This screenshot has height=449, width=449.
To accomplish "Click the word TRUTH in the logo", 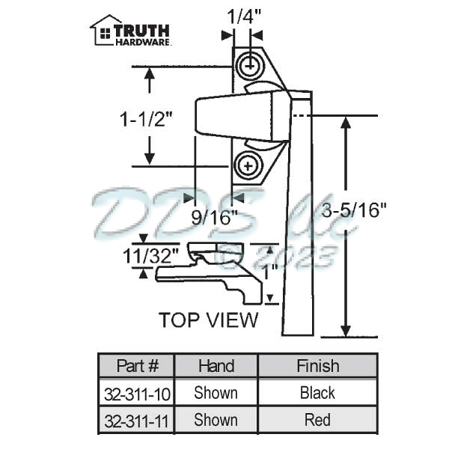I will (x=142, y=30).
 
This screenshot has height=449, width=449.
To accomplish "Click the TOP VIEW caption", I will (x=208, y=320).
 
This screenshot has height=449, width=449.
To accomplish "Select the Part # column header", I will (x=138, y=366).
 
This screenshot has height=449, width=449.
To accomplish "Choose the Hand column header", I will (x=216, y=366).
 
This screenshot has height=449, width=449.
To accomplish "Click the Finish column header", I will (x=317, y=366).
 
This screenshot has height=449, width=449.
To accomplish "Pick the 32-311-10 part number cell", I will (x=137, y=393).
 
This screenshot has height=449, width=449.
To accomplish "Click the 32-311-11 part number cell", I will (x=137, y=420).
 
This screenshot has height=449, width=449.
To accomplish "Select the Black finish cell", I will (x=317, y=393).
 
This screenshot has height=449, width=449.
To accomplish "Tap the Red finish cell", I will (x=317, y=420).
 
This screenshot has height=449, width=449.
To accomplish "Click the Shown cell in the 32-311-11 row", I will (x=216, y=420).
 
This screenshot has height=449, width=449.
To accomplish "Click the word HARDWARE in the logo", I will (x=143, y=43).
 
